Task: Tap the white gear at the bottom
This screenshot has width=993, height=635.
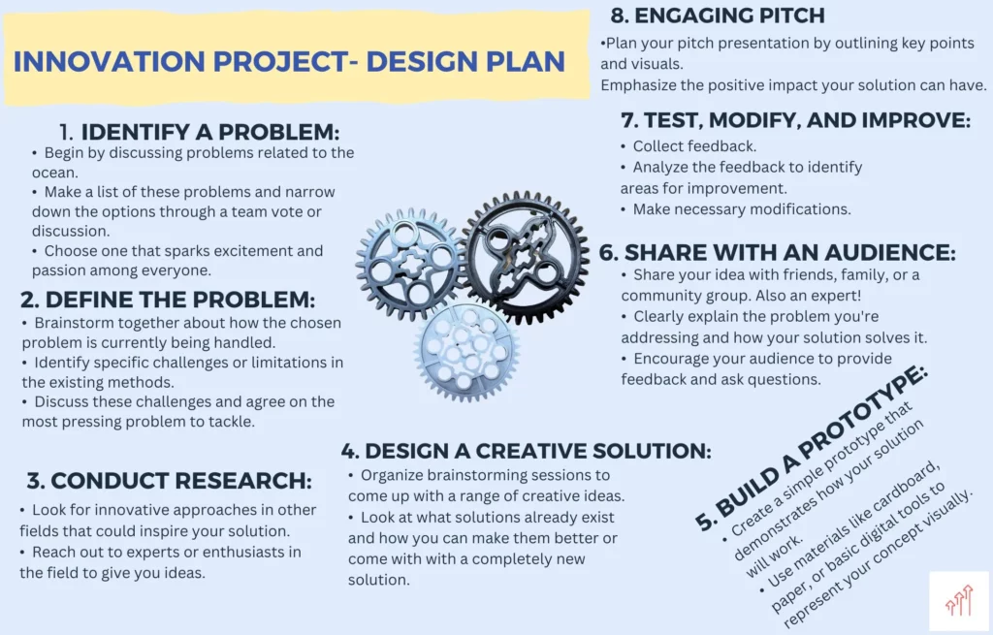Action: pyautogui.click(x=467, y=351)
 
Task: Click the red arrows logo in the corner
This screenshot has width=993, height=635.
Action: pyautogui.click(x=959, y=600)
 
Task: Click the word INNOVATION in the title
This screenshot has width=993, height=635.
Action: pyautogui.click(x=109, y=62)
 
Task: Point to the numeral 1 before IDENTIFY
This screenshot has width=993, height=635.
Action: pyautogui.click(x=66, y=132)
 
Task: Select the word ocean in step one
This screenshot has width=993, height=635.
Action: pyautogui.click(x=54, y=173)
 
